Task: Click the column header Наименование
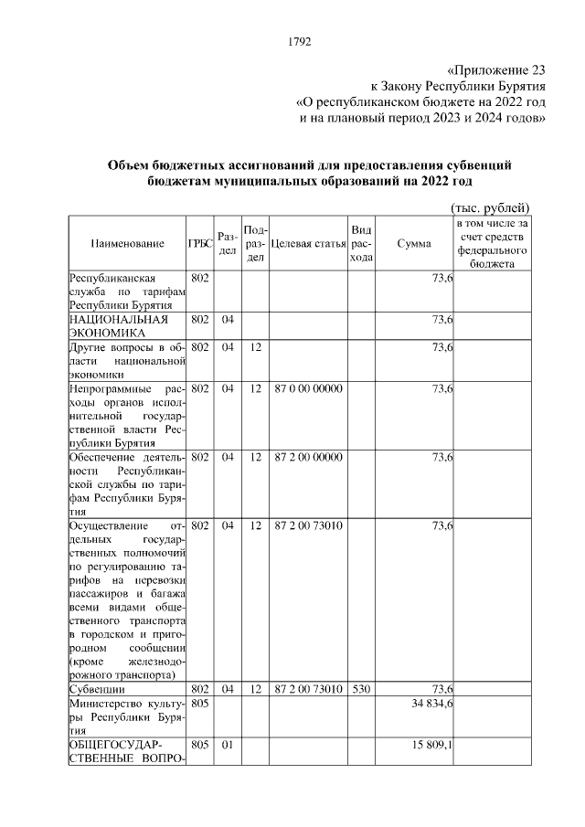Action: click(128, 243)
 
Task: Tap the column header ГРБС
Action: click(200, 243)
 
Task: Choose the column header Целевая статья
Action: click(308, 243)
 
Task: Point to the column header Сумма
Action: click(415, 243)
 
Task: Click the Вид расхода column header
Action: click(361, 243)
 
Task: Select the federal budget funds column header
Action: click(492, 243)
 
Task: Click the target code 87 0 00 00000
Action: click(308, 388)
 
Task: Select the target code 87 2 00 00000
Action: click(308, 457)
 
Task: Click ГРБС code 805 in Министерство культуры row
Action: click(200, 705)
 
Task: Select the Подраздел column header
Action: click(256, 243)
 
